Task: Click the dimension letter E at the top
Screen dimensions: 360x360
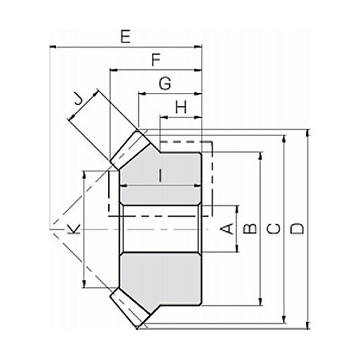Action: click(125, 37)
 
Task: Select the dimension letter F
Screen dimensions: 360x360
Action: click(156, 60)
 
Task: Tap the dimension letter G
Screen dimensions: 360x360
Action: click(165, 84)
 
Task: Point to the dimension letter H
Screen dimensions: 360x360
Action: click(181, 107)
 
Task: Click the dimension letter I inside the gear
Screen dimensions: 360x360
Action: click(161, 175)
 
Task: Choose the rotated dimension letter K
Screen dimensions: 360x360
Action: click(73, 229)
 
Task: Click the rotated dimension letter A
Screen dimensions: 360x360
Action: click(227, 228)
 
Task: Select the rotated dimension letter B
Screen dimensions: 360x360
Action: click(250, 228)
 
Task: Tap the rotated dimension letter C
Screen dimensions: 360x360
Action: click(274, 229)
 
